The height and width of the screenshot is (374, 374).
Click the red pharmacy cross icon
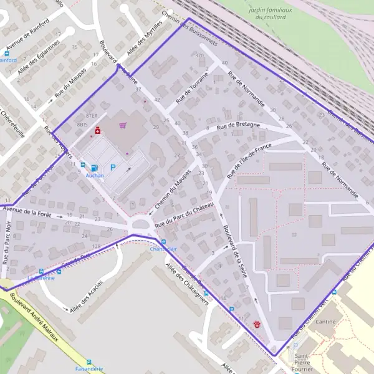(98, 130)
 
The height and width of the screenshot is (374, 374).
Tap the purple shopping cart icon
(123, 125)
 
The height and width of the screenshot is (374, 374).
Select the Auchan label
(94, 176)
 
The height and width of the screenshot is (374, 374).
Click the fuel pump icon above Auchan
(93, 167)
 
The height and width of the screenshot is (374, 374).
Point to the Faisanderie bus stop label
(89, 368)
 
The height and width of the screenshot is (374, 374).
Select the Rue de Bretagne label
(234, 127)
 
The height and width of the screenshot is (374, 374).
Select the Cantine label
(325, 322)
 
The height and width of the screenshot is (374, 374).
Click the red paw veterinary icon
(257, 324)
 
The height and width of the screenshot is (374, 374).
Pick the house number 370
(199, 56)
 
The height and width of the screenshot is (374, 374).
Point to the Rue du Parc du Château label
(185, 214)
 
